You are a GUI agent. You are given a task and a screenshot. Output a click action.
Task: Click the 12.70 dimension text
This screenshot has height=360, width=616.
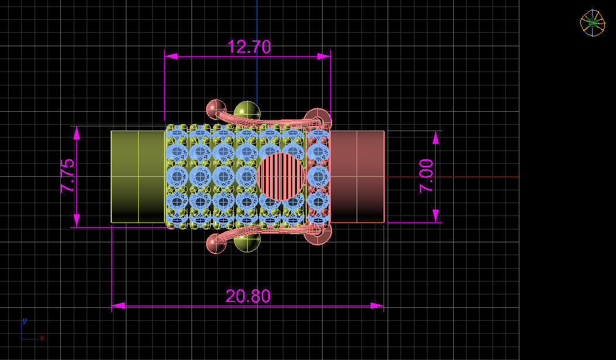tap(249, 47)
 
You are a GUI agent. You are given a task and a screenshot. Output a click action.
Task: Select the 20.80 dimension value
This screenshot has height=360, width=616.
tap(248, 296)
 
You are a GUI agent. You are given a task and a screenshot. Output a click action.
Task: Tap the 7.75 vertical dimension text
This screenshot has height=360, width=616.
tap(67, 176)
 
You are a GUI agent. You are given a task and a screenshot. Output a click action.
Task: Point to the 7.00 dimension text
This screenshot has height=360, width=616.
tap(426, 176)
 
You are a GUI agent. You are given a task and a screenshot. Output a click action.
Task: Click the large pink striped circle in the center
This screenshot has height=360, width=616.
tap(282, 176)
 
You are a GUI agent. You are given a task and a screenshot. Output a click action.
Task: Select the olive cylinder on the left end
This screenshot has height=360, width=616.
tap(138, 176)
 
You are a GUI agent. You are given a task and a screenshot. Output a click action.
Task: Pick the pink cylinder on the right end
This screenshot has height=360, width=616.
tap(357, 176)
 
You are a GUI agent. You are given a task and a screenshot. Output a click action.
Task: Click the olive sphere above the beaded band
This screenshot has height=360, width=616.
tap(247, 111)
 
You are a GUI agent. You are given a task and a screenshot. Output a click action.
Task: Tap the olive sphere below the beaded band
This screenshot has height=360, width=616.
tap(247, 242)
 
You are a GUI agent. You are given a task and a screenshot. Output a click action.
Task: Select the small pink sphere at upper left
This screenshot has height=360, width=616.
tap(216, 109)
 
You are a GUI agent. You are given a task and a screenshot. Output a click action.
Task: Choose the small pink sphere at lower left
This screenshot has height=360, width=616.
tap(216, 244)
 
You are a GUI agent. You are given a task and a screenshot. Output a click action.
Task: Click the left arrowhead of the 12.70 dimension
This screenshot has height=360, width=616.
tap(170, 56)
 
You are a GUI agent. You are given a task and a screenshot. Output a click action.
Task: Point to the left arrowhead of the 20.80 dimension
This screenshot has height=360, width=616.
tap(118, 305)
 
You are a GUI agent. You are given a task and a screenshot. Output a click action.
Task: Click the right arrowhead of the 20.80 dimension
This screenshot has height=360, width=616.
tap(378, 305)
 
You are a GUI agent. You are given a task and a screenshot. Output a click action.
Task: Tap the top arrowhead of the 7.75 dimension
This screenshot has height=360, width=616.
tap(77, 132)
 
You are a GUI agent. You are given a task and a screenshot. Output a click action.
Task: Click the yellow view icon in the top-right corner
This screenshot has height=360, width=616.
tap(592, 23)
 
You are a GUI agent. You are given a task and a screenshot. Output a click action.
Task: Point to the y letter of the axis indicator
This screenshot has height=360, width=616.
tap(24, 321)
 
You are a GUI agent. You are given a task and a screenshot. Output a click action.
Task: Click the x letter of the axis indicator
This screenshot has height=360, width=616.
tap(42, 338)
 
